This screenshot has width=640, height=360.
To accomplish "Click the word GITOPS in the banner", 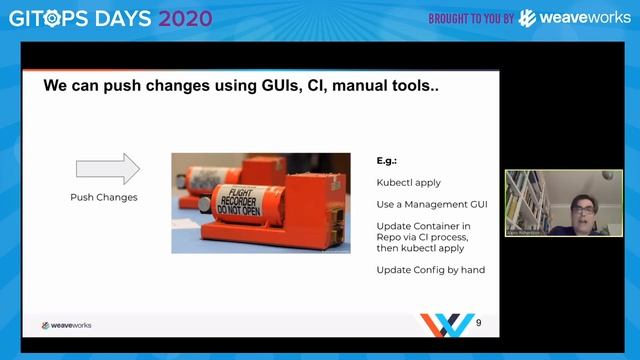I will pyautogui.click(x=47, y=18).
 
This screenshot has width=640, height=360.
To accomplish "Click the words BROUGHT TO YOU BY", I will pyautogui.click(x=471, y=19).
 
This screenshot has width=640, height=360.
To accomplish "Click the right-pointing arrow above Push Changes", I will pyautogui.click(x=108, y=168).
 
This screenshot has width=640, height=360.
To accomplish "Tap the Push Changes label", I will pyautogui.click(x=104, y=197).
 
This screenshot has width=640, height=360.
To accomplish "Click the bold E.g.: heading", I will pyautogui.click(x=388, y=160).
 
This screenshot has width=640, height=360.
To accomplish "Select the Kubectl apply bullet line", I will pyautogui.click(x=408, y=182).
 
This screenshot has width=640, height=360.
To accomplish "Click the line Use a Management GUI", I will pyautogui.click(x=431, y=204).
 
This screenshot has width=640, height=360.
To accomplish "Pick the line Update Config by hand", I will pyautogui.click(x=431, y=270).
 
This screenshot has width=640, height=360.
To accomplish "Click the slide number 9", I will pyautogui.click(x=478, y=322).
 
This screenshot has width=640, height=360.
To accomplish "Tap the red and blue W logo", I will pyautogui.click(x=446, y=324).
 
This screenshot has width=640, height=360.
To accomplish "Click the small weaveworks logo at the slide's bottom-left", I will pyautogui.click(x=66, y=325).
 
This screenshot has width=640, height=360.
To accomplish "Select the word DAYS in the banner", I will pyautogui.click(x=120, y=18).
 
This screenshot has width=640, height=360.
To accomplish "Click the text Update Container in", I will pyautogui.click(x=423, y=226).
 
